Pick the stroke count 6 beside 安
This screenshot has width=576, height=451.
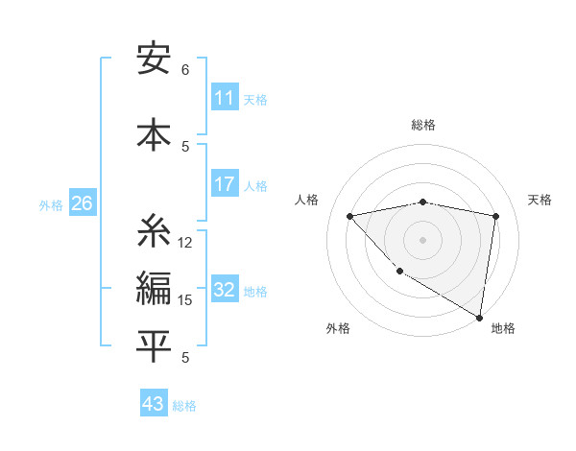coord(185,70)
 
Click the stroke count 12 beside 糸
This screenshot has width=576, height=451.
coord(185,243)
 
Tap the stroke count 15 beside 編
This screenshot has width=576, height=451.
coord(185,300)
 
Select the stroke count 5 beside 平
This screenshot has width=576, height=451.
coord(185,358)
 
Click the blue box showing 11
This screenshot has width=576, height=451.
coord(224,98)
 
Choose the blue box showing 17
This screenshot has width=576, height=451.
coord(224,184)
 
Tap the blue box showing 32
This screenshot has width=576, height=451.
coord(224,291)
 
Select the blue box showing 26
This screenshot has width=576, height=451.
coord(82,203)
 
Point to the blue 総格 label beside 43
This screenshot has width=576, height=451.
coord(185,406)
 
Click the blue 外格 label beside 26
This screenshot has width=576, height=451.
coord(51,204)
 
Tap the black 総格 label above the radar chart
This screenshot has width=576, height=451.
coord(423,125)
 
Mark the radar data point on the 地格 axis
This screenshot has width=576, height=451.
coord(479,317)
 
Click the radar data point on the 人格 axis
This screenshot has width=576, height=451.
coord(349,216)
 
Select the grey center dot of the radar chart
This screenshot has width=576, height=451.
coord(423,240)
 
